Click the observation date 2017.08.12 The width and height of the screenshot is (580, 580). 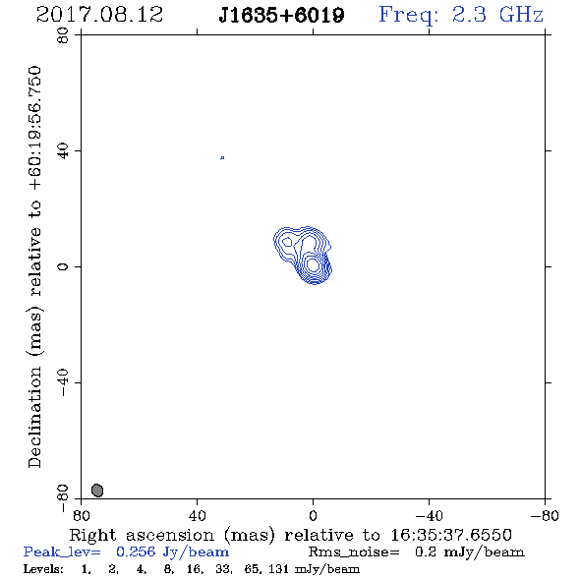coord(100,15)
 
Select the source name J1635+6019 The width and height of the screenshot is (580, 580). coord(281,16)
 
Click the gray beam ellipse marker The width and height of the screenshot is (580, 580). coord(97,491)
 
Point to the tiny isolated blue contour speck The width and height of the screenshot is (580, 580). coord(222,158)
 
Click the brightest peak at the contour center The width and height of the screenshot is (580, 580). coord(313,264)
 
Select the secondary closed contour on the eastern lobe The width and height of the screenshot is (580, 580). coord(287,242)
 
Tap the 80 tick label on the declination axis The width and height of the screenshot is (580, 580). coord(63,35)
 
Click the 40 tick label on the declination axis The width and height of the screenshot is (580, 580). coord(63,151)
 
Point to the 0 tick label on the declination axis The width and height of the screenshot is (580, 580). coord(63,266)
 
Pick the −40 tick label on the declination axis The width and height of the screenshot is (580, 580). coord(63,382)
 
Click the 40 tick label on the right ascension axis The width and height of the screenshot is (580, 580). coord(197,515)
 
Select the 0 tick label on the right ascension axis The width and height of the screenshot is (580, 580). coord(313,515)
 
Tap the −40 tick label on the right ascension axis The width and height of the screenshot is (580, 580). coord(429,515)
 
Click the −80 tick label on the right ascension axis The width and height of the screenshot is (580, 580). coord(545,515)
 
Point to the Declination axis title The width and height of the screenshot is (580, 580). coord(34,266)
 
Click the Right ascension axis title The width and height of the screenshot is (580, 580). coord(291,535)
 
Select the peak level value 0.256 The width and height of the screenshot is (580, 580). coord(136,551)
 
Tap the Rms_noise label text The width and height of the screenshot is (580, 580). coord(354,552)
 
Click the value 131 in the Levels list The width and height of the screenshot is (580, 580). coord(278,568)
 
